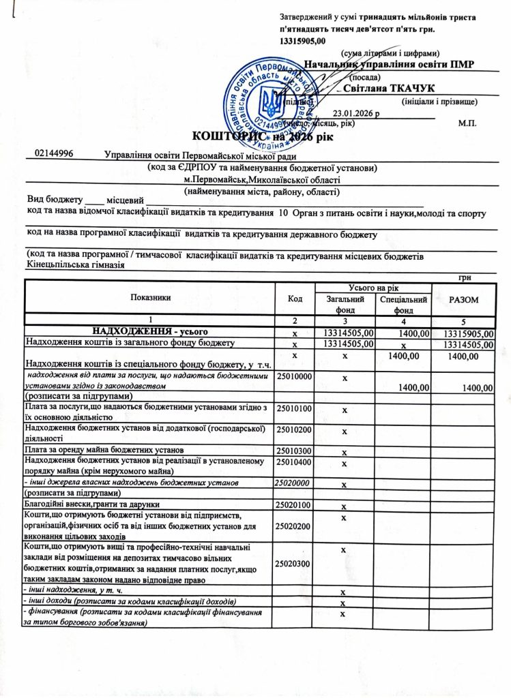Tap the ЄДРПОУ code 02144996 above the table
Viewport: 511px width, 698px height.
click(x=54, y=155)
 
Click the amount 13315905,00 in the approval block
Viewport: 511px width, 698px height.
click(x=304, y=42)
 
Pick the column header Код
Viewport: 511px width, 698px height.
click(x=295, y=298)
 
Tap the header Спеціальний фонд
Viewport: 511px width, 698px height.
click(x=404, y=305)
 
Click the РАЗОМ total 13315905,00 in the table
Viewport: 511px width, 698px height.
click(x=467, y=333)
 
